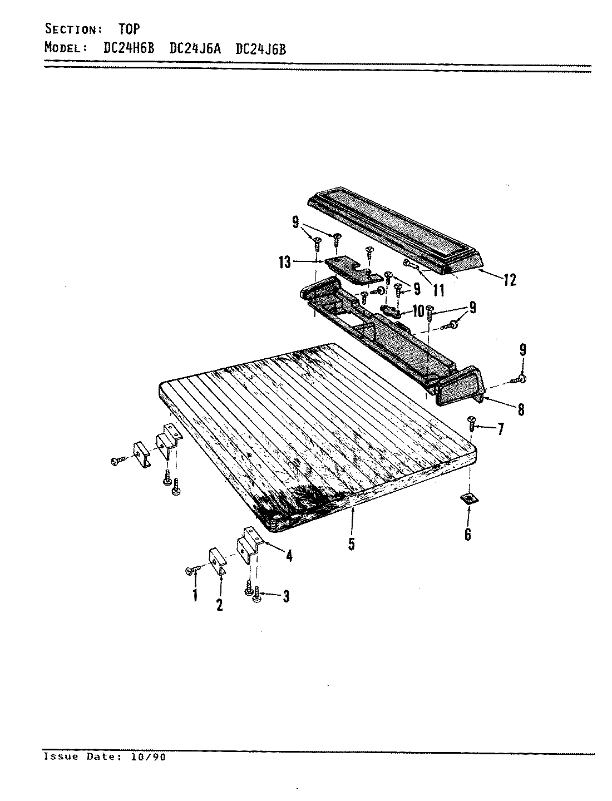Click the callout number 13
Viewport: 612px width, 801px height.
pyautogui.click(x=284, y=263)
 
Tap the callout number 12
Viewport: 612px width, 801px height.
pyautogui.click(x=510, y=280)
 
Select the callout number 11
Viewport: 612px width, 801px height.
pyautogui.click(x=439, y=290)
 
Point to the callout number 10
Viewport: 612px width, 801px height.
pyautogui.click(x=418, y=310)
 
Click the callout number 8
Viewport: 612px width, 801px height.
pyautogui.click(x=520, y=409)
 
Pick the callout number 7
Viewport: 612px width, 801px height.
pyautogui.click(x=500, y=429)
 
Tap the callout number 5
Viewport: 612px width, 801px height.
pyautogui.click(x=351, y=543)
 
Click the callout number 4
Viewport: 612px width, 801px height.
pyautogui.click(x=289, y=556)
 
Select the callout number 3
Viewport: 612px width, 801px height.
pyautogui.click(x=285, y=597)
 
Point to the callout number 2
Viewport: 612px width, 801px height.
pyautogui.click(x=219, y=605)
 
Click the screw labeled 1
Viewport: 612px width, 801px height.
pyautogui.click(x=193, y=570)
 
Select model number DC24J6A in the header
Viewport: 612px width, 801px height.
pyautogui.click(x=195, y=48)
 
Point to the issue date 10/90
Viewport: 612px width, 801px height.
pyautogui.click(x=147, y=757)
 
